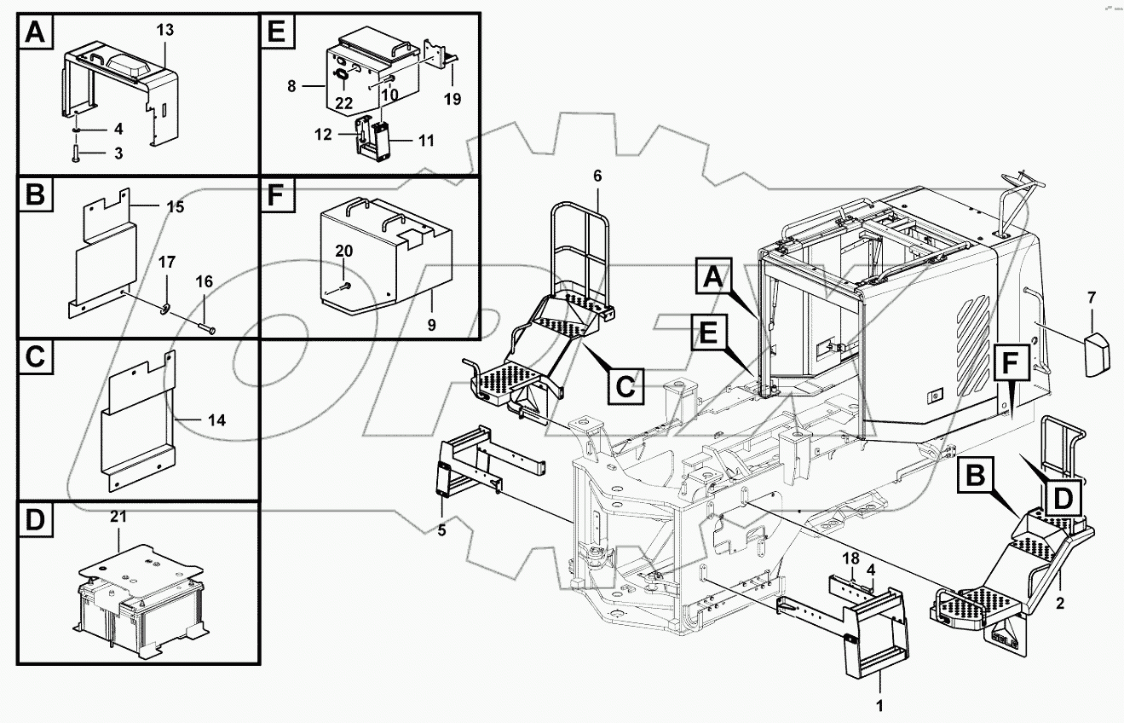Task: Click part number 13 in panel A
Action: [164, 30]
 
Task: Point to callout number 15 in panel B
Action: [175, 207]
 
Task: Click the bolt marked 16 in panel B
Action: [208, 327]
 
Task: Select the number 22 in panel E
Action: [343, 102]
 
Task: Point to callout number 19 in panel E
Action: [452, 100]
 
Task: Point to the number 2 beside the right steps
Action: [1060, 604]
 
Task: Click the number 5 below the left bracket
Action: [442, 531]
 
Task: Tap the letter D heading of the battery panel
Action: [35, 520]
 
